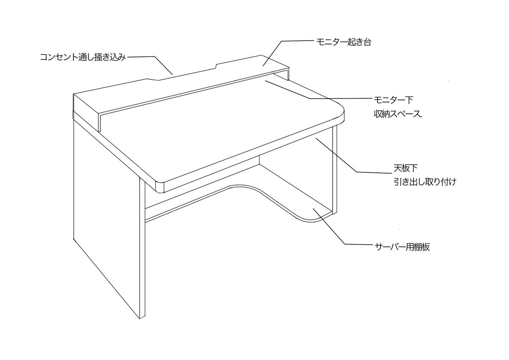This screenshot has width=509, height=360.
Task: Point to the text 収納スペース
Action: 397,114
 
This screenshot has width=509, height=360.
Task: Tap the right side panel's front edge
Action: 334,170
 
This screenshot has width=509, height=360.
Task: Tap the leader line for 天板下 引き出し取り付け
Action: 339,157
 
